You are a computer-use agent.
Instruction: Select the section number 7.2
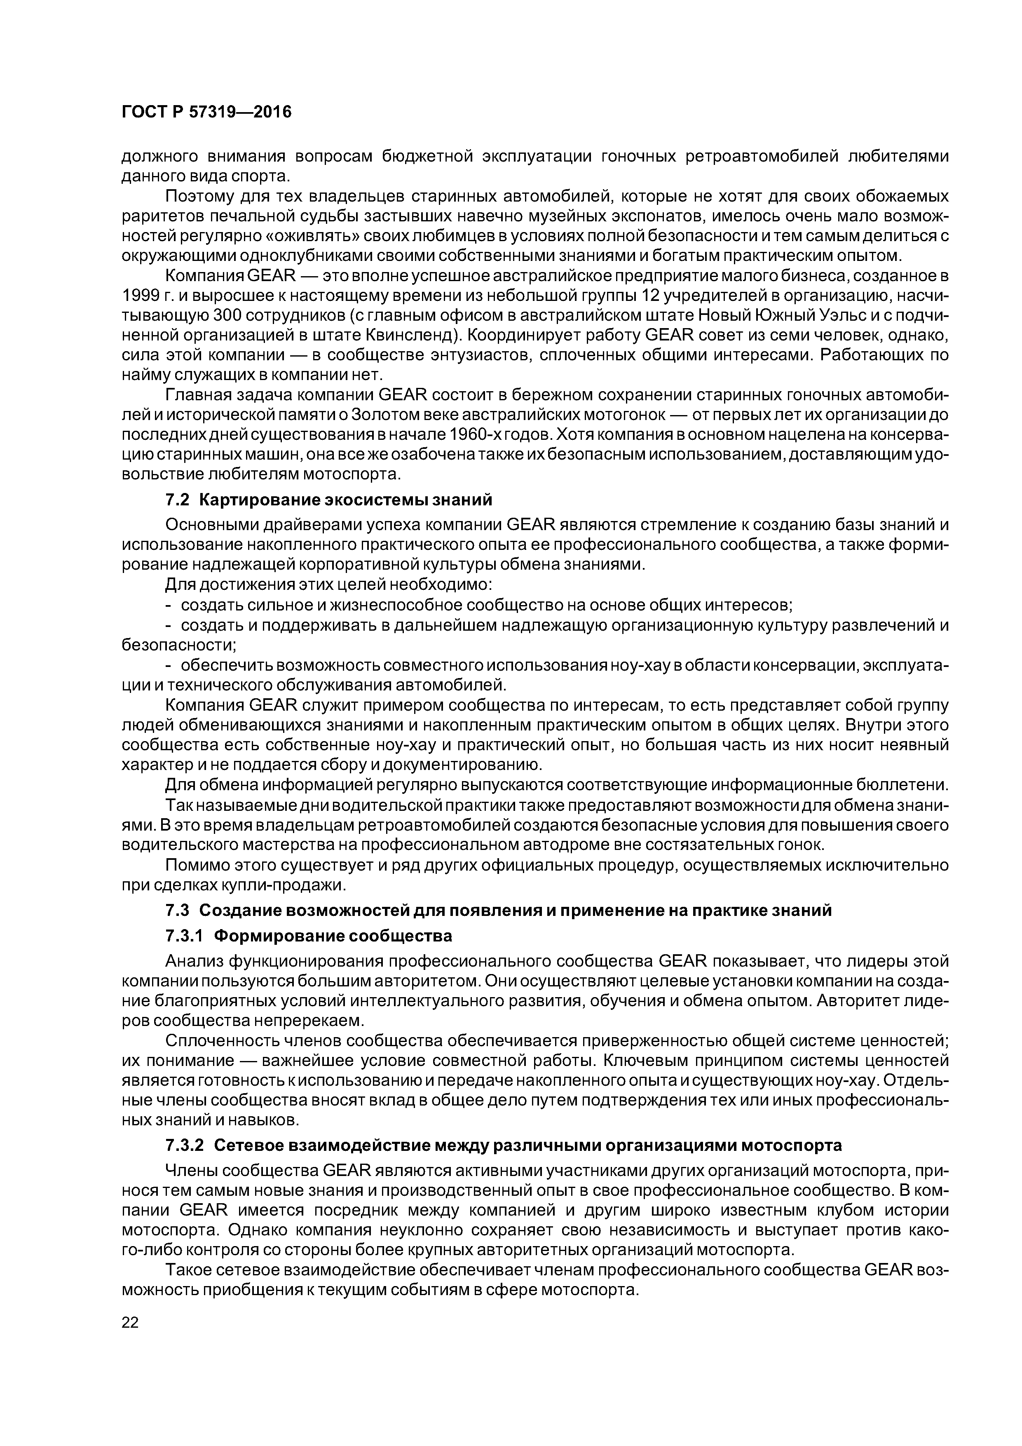pyautogui.click(x=177, y=500)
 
